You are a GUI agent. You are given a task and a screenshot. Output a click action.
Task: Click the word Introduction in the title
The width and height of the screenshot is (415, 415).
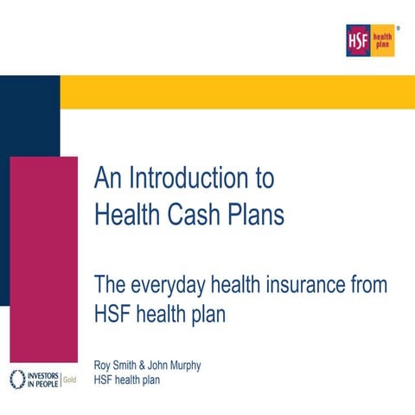(x=188, y=178)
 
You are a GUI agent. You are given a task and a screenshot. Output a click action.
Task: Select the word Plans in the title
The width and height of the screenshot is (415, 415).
(x=256, y=214)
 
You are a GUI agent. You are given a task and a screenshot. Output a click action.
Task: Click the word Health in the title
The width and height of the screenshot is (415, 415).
(x=127, y=214)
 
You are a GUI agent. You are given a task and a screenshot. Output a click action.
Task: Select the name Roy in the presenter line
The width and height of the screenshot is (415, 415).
(x=102, y=366)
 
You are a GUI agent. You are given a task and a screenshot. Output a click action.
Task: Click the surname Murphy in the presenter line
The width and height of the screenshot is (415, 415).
(x=185, y=366)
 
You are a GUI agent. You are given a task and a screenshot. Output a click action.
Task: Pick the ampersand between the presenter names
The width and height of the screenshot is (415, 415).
(x=142, y=365)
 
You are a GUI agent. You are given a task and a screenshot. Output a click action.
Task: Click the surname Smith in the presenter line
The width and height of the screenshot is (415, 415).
(x=124, y=365)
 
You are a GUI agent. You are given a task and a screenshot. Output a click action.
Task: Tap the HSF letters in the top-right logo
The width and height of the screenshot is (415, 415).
(x=358, y=41)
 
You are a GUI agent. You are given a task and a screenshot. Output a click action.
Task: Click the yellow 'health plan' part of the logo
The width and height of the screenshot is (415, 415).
(x=382, y=41)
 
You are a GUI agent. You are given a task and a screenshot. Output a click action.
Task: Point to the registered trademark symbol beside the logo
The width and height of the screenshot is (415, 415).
(x=399, y=29)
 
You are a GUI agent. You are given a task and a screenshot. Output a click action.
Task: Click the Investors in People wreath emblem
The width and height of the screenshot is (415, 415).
(x=17, y=380)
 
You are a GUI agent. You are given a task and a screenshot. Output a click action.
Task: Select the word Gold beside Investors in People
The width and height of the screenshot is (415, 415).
(x=70, y=380)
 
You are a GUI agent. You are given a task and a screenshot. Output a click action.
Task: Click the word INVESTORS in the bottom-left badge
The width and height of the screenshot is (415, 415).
(x=43, y=376)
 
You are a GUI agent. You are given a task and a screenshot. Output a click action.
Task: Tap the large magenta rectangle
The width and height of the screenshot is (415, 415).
(x=44, y=259)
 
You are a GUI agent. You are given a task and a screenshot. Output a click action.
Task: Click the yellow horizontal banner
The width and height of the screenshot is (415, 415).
(x=238, y=93)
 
